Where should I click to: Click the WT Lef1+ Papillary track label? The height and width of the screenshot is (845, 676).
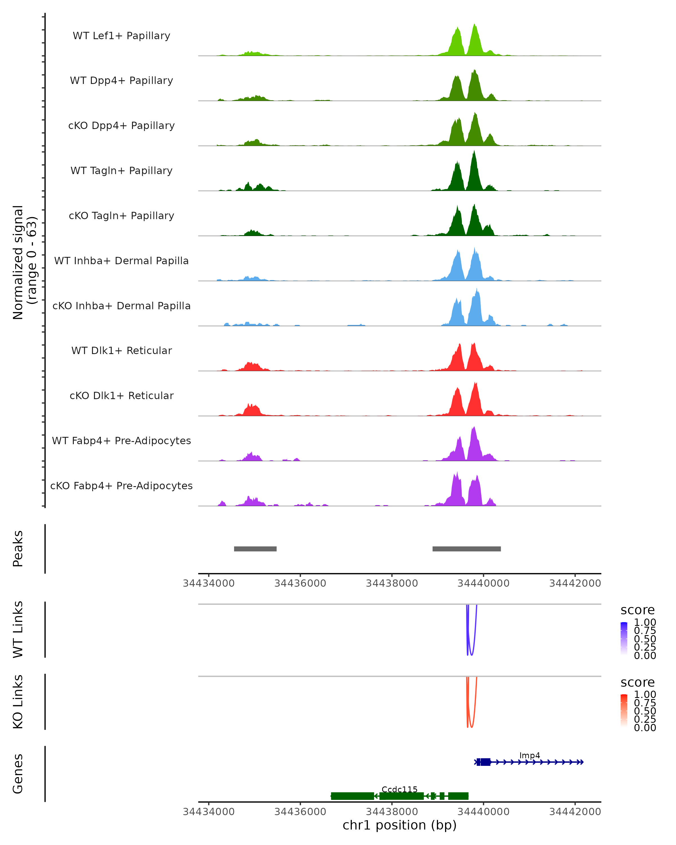tap(121, 36)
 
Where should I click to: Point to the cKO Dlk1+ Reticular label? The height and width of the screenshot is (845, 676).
tap(121, 395)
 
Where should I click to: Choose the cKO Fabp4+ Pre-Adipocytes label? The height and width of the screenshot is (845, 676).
tap(121, 486)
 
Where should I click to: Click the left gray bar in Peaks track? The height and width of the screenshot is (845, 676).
tap(255, 549)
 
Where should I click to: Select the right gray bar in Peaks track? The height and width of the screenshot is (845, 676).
tap(466, 549)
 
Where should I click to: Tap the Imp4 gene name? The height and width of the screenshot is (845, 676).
tap(530, 755)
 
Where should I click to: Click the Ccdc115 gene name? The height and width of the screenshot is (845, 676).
tap(399, 789)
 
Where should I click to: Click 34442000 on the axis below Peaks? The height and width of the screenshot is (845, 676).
tap(575, 583)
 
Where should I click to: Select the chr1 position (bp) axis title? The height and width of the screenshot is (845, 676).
tap(399, 825)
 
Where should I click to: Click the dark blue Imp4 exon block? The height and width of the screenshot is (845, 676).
tap(485, 762)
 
